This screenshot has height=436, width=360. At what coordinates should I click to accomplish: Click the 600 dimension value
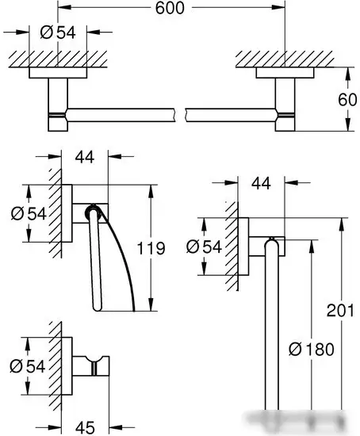[x=170, y=8]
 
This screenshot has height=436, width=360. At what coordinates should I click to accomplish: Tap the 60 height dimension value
[x=347, y=99]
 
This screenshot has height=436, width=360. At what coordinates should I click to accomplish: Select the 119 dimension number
[x=151, y=248]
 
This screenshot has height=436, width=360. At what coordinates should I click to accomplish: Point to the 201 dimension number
[x=340, y=310]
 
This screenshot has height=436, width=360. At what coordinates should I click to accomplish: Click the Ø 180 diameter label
[x=312, y=349]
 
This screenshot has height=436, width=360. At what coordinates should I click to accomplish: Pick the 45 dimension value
[x=85, y=427]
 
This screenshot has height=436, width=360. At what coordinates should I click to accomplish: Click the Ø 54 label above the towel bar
[x=58, y=33]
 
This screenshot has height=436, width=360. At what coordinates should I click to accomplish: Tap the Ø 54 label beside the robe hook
[x=27, y=366]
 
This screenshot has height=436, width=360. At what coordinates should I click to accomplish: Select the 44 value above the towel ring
[x=261, y=183]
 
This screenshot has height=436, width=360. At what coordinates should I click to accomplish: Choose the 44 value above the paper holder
[x=85, y=157]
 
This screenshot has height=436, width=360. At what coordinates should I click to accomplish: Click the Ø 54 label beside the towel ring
[x=204, y=247]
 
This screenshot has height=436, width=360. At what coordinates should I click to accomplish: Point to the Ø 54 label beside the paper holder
[x=29, y=214]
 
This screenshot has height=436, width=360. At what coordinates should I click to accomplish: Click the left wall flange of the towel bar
[x=58, y=73]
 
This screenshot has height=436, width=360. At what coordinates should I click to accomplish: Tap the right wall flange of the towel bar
[x=285, y=73]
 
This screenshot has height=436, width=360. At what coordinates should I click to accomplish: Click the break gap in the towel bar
[x=180, y=115]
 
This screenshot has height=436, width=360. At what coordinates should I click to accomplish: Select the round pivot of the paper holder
[x=91, y=212]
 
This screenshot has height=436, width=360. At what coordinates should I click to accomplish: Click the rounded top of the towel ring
[x=271, y=243]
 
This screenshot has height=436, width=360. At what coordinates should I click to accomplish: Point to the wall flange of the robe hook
[x=67, y=366]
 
